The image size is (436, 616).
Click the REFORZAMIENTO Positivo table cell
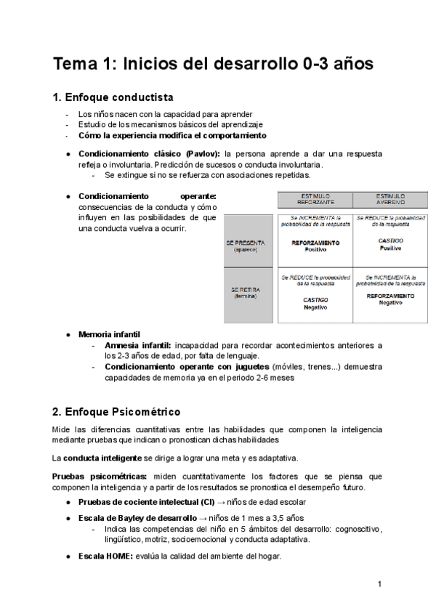tap(315, 246)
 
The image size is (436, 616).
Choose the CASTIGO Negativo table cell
tap(315, 303)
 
